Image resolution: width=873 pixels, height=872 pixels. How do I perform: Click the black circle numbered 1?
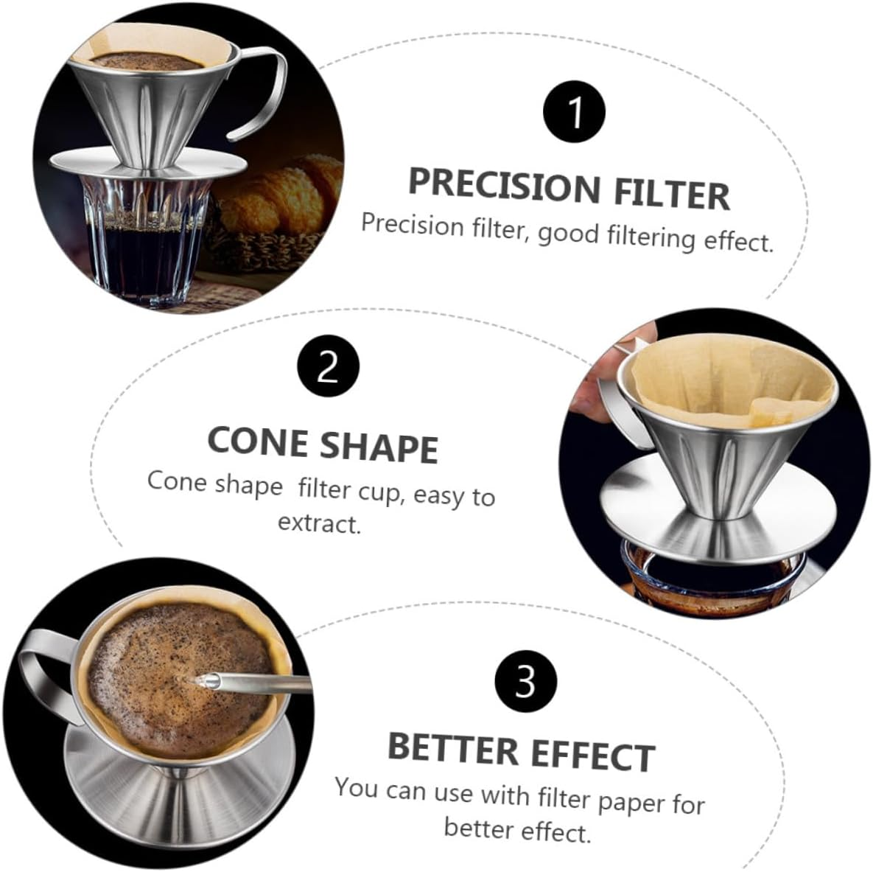click(x=574, y=112)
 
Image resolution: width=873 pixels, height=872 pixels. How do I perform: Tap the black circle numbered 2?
click(x=329, y=366)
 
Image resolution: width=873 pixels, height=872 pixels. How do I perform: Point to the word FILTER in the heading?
click(x=669, y=193)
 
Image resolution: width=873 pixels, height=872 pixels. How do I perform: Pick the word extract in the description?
click(x=319, y=523)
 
